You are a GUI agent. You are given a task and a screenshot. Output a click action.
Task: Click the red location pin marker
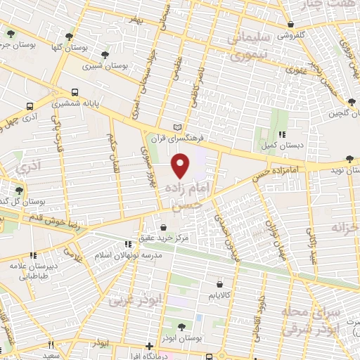(x=181, y=166)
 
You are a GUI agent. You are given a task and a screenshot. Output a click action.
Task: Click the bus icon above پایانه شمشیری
(x=75, y=91)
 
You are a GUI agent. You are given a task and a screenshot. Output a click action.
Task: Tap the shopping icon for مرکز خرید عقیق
(x=164, y=227)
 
